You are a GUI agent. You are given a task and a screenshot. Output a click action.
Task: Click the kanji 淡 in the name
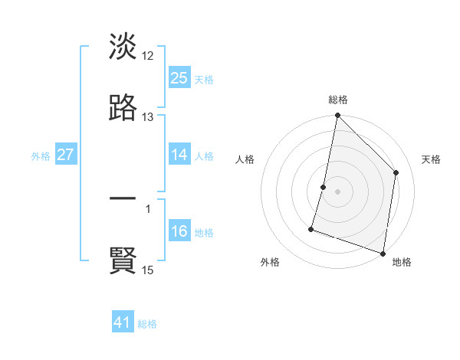(x=123, y=47)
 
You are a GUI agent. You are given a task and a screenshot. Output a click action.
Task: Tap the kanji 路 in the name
(x=123, y=108)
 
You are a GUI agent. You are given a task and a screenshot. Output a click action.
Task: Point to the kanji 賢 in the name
(x=123, y=261)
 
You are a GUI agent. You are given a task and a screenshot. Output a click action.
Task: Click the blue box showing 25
(x=179, y=77)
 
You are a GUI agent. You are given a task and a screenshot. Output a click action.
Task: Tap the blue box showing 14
(x=179, y=155)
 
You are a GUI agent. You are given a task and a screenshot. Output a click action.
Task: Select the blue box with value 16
(x=179, y=231)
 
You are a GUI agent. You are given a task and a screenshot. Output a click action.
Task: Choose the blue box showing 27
(x=66, y=155)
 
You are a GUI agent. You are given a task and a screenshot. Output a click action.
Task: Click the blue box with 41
(x=123, y=323)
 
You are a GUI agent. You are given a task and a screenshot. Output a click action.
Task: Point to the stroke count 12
(x=148, y=56)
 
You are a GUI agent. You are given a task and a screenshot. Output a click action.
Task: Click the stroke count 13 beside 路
(x=148, y=117)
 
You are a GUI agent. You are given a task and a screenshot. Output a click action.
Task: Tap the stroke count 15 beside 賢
(x=148, y=270)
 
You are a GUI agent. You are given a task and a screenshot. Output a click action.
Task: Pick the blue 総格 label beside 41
(x=147, y=324)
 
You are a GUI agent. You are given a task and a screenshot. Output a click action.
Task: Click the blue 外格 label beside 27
(x=41, y=156)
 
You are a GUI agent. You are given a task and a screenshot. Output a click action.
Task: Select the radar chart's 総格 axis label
(x=338, y=100)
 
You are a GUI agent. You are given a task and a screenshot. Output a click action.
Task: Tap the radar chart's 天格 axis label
(x=431, y=159)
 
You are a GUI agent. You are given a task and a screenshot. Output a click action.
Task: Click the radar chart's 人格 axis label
(x=245, y=159)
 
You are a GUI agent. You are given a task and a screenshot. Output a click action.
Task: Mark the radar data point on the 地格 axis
(x=383, y=253)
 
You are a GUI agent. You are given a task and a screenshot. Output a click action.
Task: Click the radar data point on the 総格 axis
(x=337, y=116)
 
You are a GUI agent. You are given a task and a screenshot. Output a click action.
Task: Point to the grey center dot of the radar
(x=337, y=191)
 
